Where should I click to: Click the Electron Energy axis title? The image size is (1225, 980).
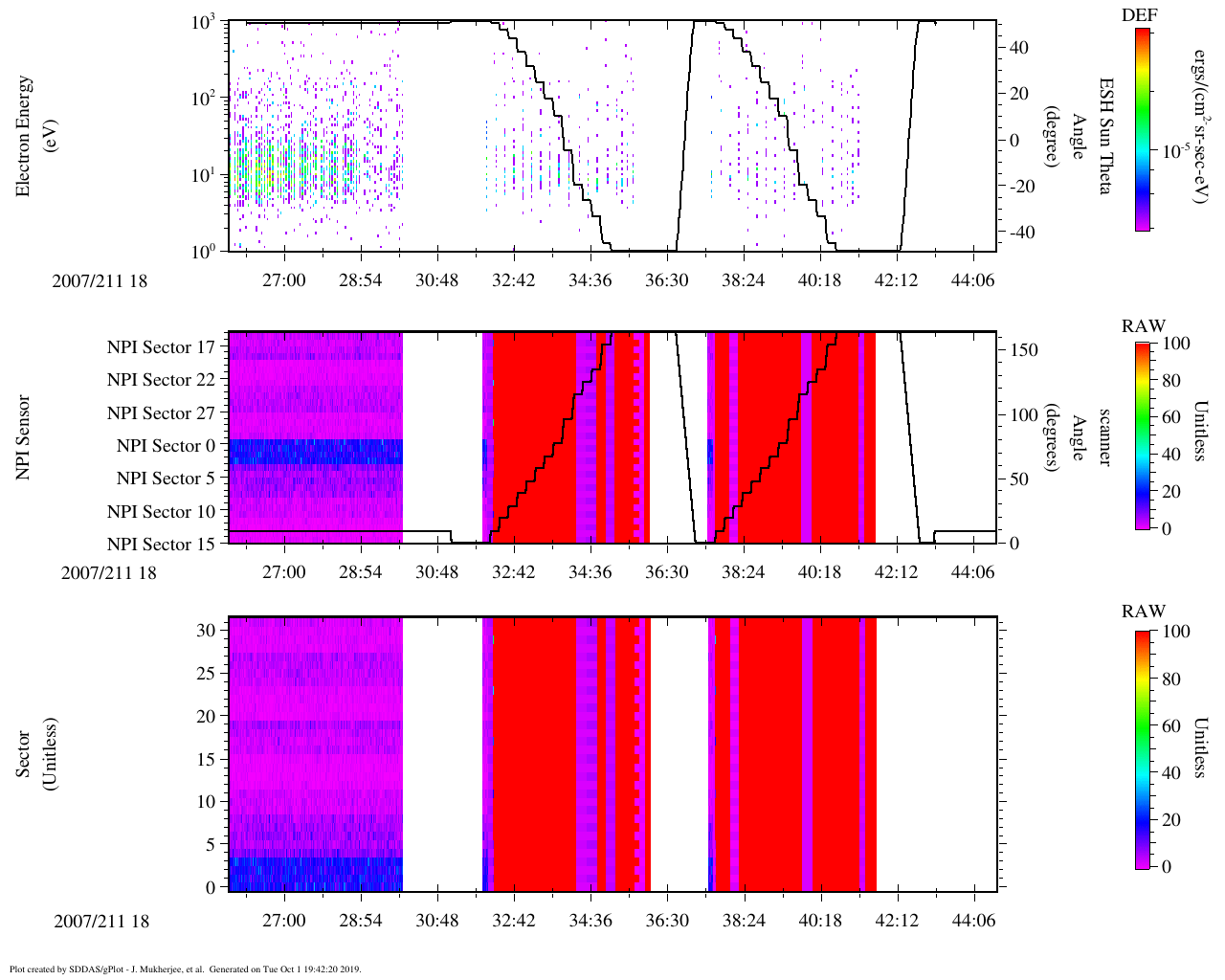[x=23, y=136]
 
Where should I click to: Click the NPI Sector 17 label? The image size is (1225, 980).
[x=161, y=347]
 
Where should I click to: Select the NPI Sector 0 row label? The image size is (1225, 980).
[x=166, y=446]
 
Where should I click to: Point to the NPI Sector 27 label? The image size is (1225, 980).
[x=161, y=413]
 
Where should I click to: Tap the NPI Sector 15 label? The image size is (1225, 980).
[x=161, y=545]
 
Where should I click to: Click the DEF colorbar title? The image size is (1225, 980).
[x=1139, y=15]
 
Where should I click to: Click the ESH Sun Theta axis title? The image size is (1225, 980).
[x=1104, y=136]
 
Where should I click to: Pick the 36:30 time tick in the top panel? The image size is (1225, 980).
[x=667, y=279]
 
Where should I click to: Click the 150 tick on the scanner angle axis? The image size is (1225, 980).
[x=1024, y=350]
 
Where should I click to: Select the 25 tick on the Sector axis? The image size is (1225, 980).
[x=206, y=674]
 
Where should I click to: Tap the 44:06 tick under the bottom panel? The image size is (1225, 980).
[x=973, y=921]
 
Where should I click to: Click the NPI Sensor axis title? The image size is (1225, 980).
[x=23, y=437]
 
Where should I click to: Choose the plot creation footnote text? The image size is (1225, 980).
[x=185, y=969]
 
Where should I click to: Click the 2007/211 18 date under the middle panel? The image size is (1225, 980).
[x=108, y=573]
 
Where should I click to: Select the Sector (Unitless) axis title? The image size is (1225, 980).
[x=34, y=755]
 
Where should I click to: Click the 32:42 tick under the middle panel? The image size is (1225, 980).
[x=514, y=572]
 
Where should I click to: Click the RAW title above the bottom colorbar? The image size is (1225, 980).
[x=1144, y=612]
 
